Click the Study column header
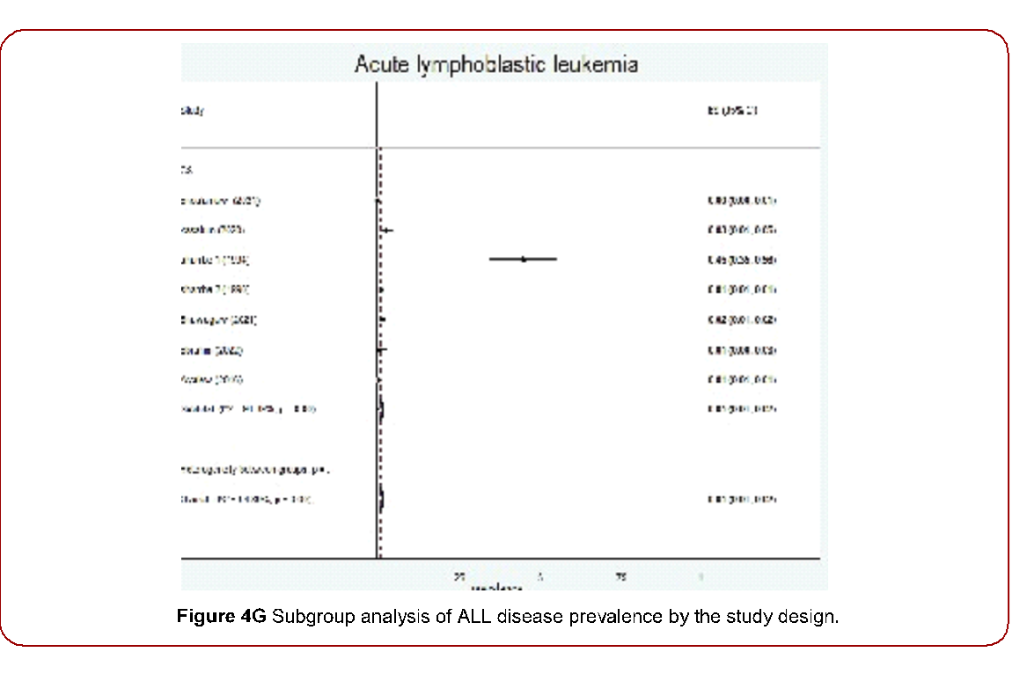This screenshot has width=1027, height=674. (192, 111)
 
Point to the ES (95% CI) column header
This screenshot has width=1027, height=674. (732, 111)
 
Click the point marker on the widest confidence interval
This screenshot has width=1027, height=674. (524, 259)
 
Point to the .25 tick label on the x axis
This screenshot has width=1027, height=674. (459, 576)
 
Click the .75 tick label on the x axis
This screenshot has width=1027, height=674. (620, 576)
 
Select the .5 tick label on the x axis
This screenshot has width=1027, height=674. (539, 576)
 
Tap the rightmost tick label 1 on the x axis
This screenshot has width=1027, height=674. (701, 576)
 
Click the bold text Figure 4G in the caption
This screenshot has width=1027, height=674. (222, 616)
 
